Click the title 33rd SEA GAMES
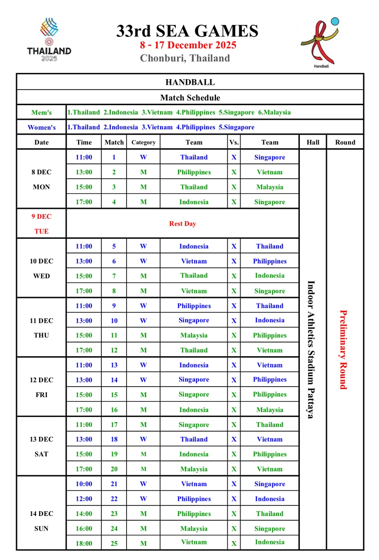(x=188, y=31)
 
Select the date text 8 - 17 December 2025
(x=188, y=45)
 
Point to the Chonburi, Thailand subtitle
(x=185, y=58)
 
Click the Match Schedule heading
(x=190, y=98)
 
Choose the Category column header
(x=143, y=142)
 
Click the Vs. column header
(x=234, y=142)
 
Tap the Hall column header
(x=313, y=142)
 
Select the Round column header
(x=345, y=142)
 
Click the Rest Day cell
(x=182, y=224)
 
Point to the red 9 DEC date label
(x=41, y=217)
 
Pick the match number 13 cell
(x=114, y=365)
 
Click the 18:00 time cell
(x=84, y=543)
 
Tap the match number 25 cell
(x=114, y=543)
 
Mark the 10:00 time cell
(x=84, y=484)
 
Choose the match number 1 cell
(x=114, y=157)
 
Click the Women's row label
(x=41, y=127)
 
